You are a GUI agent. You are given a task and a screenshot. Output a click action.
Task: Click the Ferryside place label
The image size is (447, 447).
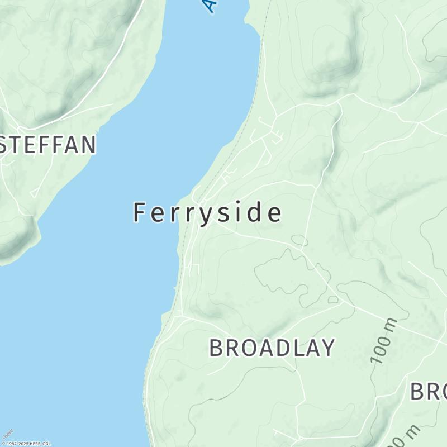click(207, 213)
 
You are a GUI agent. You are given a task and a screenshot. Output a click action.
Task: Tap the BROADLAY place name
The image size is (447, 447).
click(272, 348)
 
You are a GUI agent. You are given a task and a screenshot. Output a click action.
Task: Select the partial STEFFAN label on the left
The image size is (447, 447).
click(47, 145)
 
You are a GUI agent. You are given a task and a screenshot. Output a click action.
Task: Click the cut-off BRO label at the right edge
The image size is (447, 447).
click(429, 391)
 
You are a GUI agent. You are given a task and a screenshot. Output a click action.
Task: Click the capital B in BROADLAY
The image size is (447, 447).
click(216, 348)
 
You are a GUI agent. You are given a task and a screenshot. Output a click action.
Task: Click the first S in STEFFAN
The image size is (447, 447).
click(8, 145)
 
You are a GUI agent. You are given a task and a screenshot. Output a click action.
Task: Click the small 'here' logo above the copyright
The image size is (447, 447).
click(8, 434)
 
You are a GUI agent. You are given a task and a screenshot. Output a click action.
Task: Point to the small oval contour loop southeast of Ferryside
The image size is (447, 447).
click(299, 241)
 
